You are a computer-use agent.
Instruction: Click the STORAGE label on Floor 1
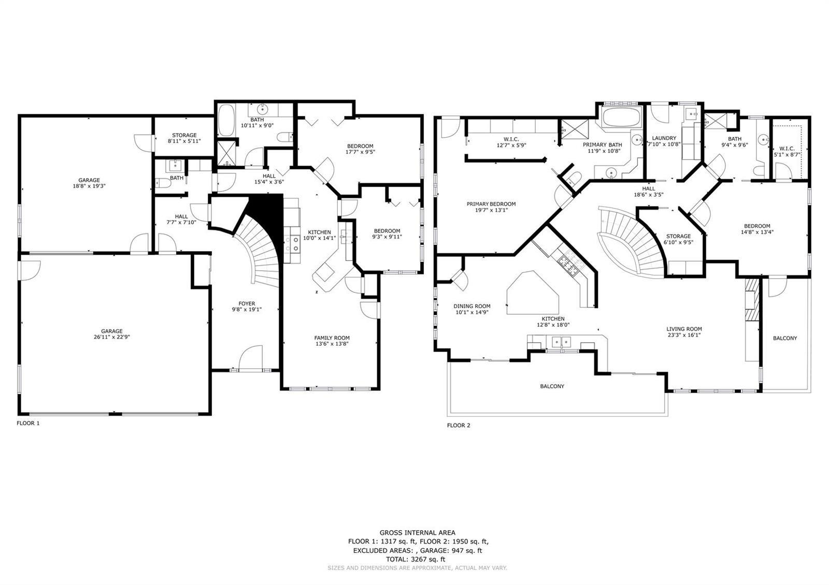point(184,135)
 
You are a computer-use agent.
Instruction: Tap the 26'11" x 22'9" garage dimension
point(112,337)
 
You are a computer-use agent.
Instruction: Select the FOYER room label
point(247,303)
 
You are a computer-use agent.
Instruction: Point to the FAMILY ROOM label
point(332,338)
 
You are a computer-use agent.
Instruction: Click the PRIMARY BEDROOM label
point(491,204)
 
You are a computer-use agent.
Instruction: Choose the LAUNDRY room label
point(664,138)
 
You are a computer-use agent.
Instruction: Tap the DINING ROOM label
point(472,306)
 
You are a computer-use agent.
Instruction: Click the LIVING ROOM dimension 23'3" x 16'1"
point(684,335)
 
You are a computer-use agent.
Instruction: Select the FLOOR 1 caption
point(28,423)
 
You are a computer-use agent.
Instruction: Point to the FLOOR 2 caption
point(459,425)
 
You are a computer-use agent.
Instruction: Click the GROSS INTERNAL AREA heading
point(418,533)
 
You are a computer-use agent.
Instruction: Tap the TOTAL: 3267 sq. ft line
point(416,560)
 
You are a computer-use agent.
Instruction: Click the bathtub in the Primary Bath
point(621,117)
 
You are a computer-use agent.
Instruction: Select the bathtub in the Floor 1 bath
point(226,120)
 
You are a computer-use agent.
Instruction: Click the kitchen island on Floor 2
point(533,293)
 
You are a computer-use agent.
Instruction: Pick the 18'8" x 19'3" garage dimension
point(89,186)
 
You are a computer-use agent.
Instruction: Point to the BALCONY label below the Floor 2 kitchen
point(552,386)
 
